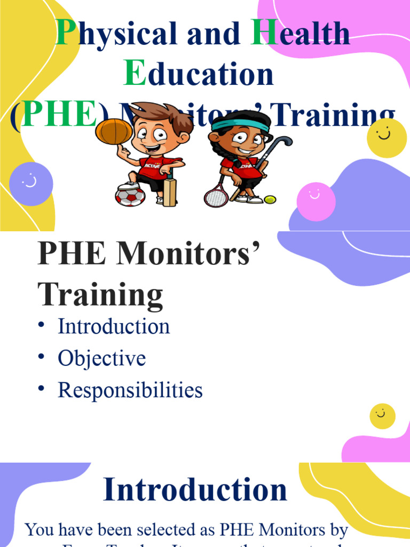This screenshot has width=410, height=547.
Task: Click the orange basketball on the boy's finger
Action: pyautogui.click(x=114, y=131)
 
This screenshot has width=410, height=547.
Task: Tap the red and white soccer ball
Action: pyautogui.click(x=130, y=196)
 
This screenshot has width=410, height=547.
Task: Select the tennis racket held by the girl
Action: pyautogui.click(x=216, y=196)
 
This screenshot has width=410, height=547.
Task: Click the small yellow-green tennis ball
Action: pyautogui.click(x=270, y=199)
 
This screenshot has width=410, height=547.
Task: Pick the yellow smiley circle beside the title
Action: pyautogui.click(x=387, y=138)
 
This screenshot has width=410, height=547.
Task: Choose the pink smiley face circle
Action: pyautogui.click(x=316, y=201)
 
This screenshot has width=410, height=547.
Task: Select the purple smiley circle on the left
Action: pyautogui.click(x=31, y=184)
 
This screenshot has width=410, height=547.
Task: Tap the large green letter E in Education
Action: pyautogui.click(x=135, y=74)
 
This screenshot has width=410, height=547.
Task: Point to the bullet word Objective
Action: pyautogui.click(x=101, y=358)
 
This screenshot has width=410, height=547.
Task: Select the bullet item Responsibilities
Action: pyautogui.click(x=130, y=390)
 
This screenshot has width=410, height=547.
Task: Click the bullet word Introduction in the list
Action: pyautogui.click(x=114, y=326)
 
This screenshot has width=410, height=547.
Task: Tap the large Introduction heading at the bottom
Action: pyautogui.click(x=195, y=490)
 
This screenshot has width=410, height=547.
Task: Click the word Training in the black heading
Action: pyautogui.click(x=100, y=295)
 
